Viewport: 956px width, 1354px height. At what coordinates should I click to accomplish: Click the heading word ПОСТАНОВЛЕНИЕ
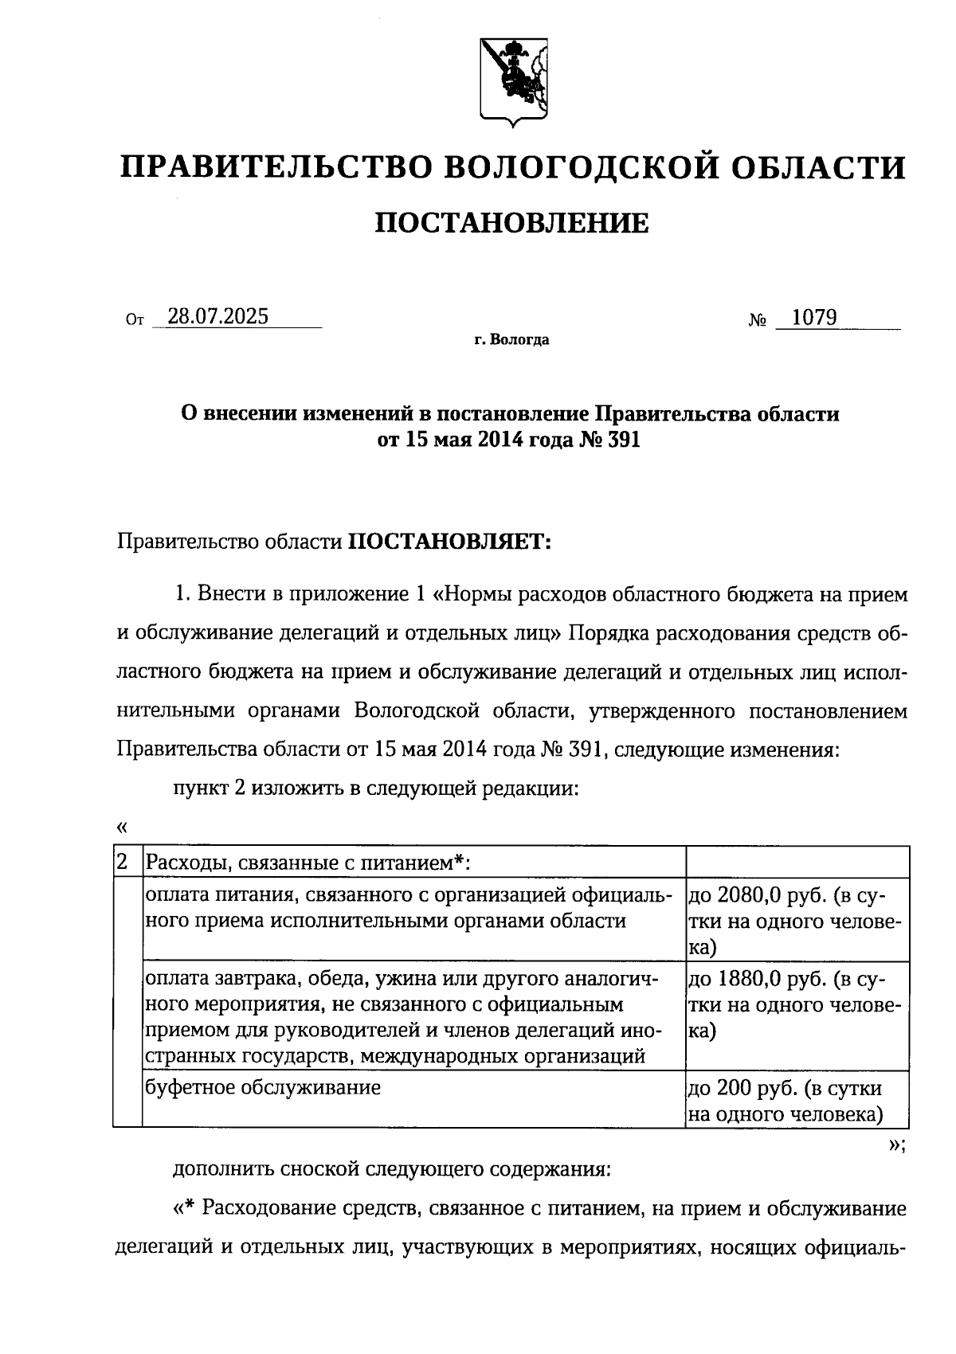(x=511, y=224)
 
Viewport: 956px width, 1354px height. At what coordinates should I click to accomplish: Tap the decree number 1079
(x=815, y=318)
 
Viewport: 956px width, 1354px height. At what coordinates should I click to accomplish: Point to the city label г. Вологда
(x=511, y=341)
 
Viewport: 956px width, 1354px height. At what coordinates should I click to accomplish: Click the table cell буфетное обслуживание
(x=263, y=1087)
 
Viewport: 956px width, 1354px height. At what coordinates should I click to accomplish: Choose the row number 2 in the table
(x=123, y=862)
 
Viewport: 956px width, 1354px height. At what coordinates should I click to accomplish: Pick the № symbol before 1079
(x=757, y=320)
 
